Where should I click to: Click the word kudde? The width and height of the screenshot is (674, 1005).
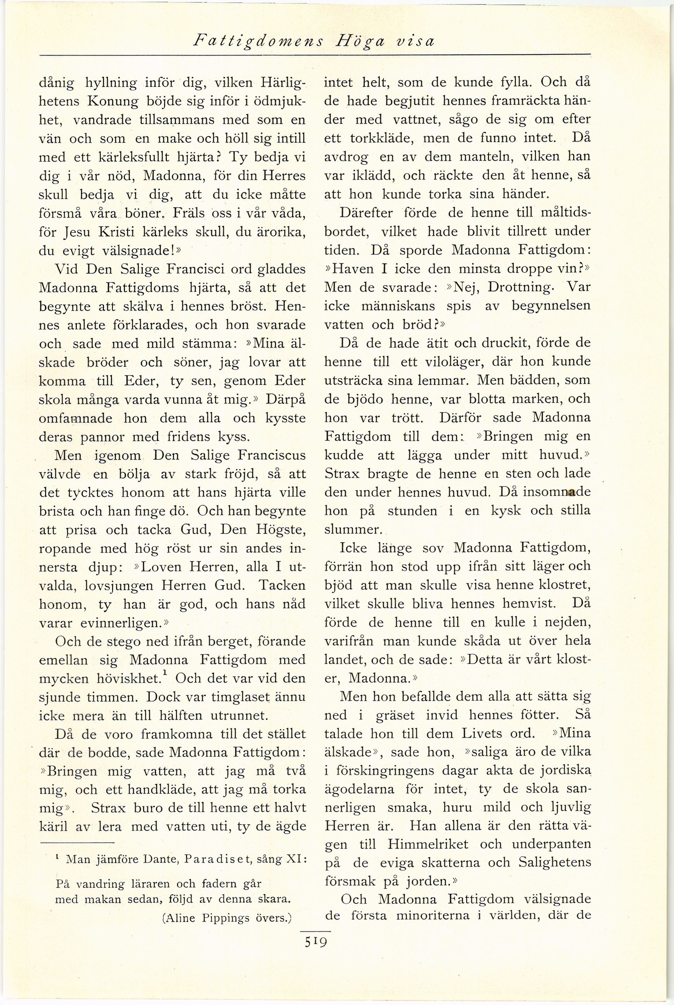click(344, 455)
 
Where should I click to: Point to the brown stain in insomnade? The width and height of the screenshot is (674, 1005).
click(571, 493)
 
